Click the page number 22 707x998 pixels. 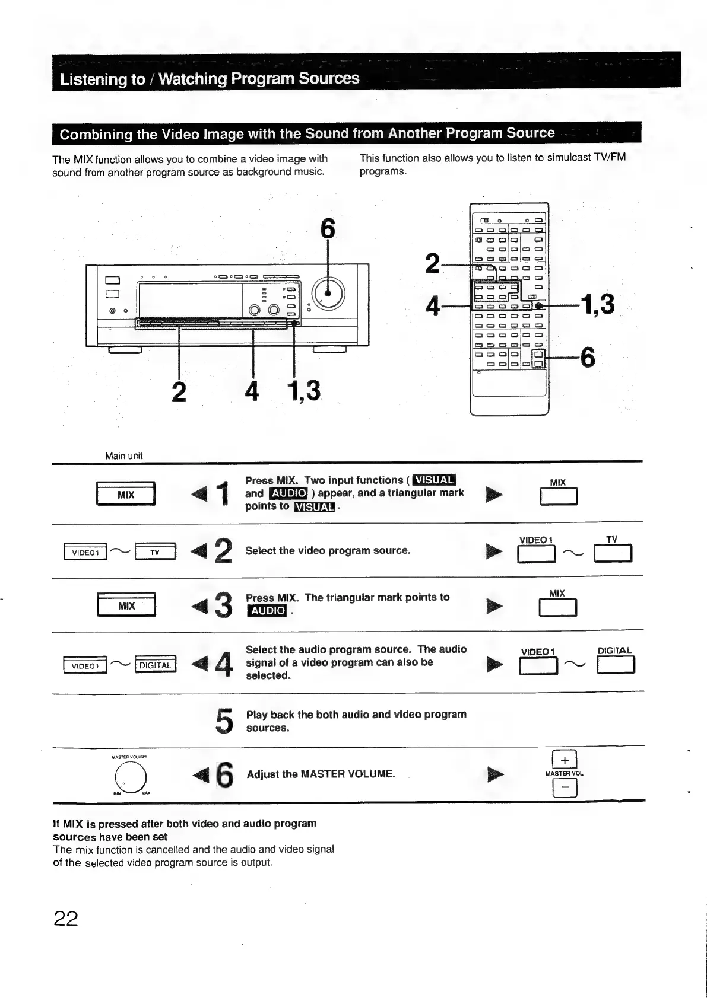(66, 919)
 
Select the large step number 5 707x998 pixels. (224, 720)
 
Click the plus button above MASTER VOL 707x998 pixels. (565, 760)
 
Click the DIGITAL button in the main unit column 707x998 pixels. (156, 665)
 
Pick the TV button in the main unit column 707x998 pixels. (156, 553)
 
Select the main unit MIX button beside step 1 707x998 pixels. (126, 495)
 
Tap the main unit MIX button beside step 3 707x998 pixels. (126, 605)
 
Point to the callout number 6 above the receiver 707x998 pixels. (328, 229)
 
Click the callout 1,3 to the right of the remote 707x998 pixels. (598, 304)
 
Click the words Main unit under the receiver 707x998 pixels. (123, 455)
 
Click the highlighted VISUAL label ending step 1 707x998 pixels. (315, 506)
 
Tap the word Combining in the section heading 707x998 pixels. (96, 134)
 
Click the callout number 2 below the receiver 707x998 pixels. (178, 391)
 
